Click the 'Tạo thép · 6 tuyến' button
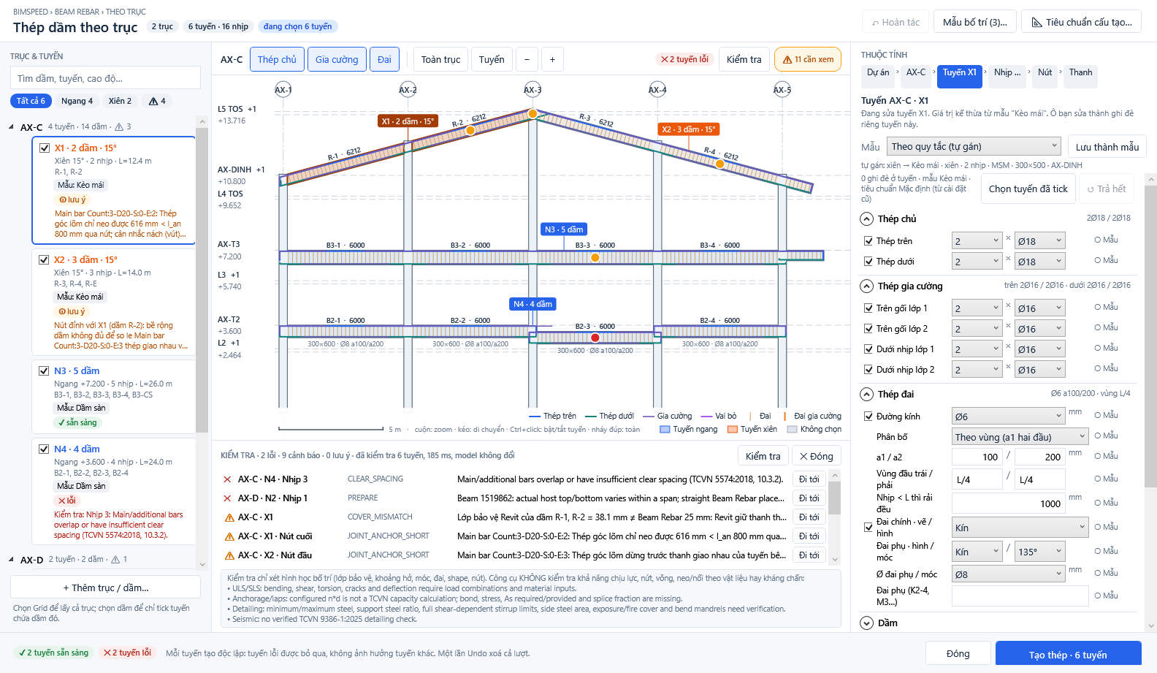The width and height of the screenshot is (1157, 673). (1068, 655)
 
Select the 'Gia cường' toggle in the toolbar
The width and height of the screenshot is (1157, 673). (337, 59)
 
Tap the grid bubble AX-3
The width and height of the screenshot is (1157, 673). (532, 89)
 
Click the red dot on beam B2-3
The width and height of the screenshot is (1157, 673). (595, 338)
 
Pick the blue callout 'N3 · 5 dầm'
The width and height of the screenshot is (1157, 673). (563, 229)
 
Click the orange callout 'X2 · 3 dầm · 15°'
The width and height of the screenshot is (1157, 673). (689, 129)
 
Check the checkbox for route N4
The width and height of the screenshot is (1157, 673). (44, 449)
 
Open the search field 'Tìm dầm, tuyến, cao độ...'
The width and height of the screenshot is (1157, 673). (105, 78)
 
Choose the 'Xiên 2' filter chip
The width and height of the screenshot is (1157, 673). (120, 101)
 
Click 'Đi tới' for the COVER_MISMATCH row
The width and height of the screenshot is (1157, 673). (809, 517)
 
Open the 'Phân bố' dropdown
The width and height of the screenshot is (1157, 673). (1020, 437)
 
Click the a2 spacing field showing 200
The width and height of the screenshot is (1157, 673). (1039, 457)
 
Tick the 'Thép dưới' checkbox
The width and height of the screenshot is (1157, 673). (868, 261)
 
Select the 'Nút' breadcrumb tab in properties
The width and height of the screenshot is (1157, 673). (1045, 73)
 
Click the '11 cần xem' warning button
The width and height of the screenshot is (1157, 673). (808, 59)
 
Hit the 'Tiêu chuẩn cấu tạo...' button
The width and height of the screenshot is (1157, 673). (1081, 22)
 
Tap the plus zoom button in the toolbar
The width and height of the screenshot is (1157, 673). (552, 59)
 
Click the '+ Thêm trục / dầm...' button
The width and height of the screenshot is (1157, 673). (105, 588)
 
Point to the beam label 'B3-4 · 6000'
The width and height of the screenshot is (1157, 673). (719, 245)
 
